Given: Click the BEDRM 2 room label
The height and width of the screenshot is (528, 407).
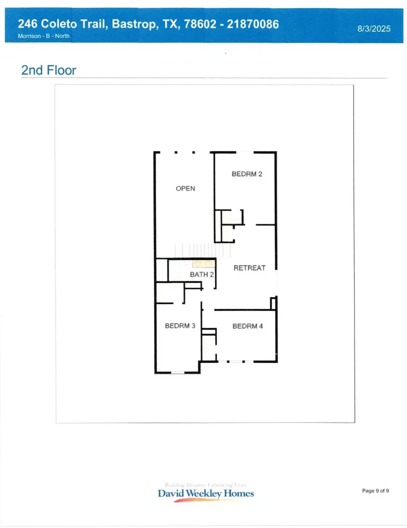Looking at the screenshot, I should tap(247, 174).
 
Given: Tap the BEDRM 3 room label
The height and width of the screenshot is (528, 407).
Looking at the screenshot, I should tap(180, 325).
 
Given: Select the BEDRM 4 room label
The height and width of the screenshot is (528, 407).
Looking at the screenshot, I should tap(247, 326).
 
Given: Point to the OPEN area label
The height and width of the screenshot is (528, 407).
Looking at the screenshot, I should tap(185, 189).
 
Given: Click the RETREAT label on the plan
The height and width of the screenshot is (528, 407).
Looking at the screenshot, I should tap(249, 268).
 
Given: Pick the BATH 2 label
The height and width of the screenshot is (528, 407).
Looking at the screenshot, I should tap(202, 274).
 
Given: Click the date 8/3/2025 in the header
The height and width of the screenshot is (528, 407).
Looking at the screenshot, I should tap(373, 28).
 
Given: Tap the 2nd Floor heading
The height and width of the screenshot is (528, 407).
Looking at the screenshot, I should tap(49, 71).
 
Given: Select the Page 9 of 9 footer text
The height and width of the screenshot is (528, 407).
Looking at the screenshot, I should tap(375, 490).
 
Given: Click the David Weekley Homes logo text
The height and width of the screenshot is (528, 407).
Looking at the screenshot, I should tap(206, 493).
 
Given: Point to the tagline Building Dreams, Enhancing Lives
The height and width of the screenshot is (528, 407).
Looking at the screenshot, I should tap(206, 484).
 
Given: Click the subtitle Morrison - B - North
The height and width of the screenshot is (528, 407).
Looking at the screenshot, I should tap(44, 36).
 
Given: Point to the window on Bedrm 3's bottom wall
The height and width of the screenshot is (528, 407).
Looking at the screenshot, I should tap(178, 372).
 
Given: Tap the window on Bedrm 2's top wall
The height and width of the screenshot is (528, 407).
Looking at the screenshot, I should tap(245, 152).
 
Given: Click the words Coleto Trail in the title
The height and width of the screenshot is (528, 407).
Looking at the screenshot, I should tap(74, 24).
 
